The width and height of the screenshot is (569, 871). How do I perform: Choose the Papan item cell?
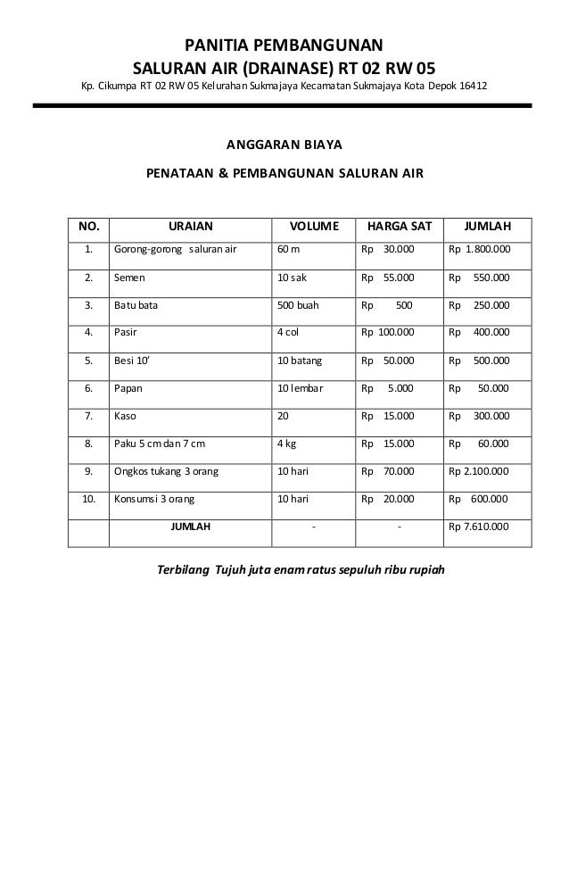[128, 388]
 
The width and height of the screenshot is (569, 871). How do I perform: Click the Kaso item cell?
[124, 416]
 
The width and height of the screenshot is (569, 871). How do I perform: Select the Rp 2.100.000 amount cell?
[479, 471]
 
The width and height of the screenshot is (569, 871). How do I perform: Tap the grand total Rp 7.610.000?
[479, 527]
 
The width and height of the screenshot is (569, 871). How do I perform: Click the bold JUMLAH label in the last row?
[190, 527]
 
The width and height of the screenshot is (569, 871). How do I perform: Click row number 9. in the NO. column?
[88, 471]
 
